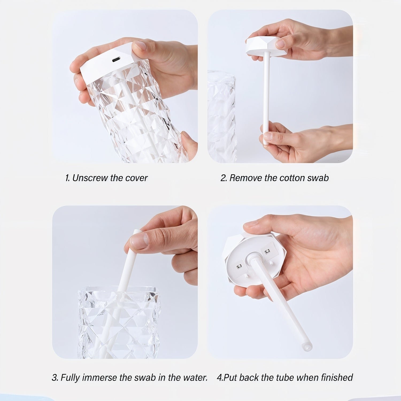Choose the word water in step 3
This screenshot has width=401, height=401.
tap(195, 377)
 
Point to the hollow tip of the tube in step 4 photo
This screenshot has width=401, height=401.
tap(307, 347)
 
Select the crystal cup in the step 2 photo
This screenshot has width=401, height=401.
tap(221, 118)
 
